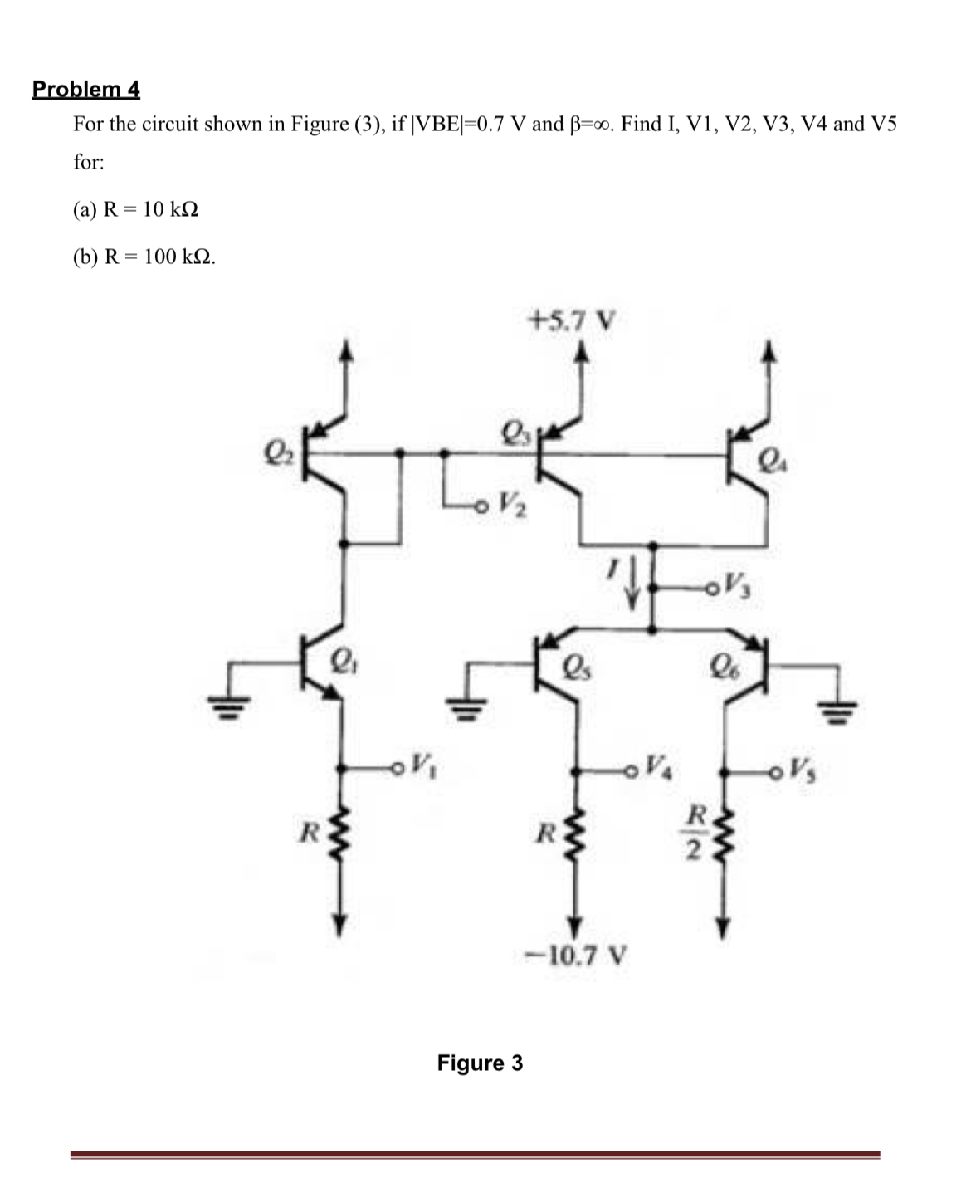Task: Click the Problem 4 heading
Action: tap(86, 89)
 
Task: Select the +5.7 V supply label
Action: tap(573, 319)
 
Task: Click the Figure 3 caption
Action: tap(480, 1063)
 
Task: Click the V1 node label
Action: tap(422, 763)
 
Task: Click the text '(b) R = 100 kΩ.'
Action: tap(144, 257)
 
